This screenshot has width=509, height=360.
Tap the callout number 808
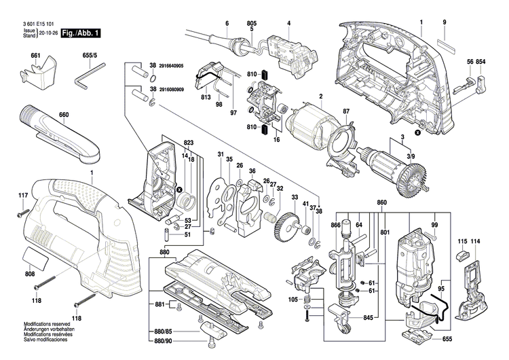point(30,274)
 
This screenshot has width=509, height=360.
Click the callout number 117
point(22,196)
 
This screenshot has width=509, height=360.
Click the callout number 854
point(481,62)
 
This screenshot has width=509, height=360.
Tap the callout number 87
point(345,111)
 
